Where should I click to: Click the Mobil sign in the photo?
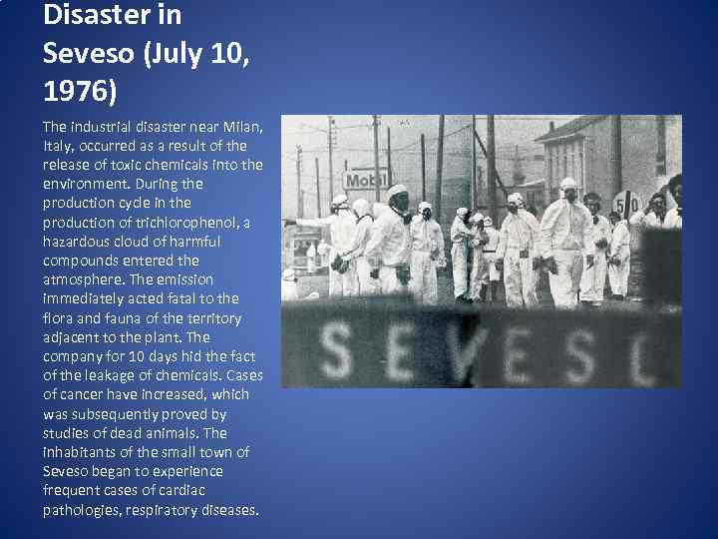(365, 181)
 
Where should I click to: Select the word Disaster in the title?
(94, 15)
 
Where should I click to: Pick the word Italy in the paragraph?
(58, 146)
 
